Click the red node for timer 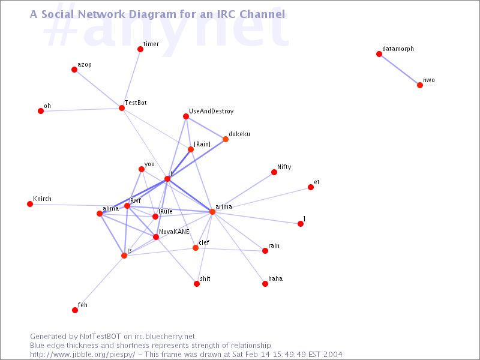140,49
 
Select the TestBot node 122,108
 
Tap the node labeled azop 74,70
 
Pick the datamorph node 379,54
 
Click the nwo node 420,85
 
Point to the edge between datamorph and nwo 400,70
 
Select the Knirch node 30,204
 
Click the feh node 75,310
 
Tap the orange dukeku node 226,139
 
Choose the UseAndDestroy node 186,116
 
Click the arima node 212,212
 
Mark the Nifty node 274,172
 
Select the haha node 265,284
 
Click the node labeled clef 196,248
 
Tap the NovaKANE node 156,237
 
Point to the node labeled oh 41,111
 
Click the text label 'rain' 274,246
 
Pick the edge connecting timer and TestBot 131,79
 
